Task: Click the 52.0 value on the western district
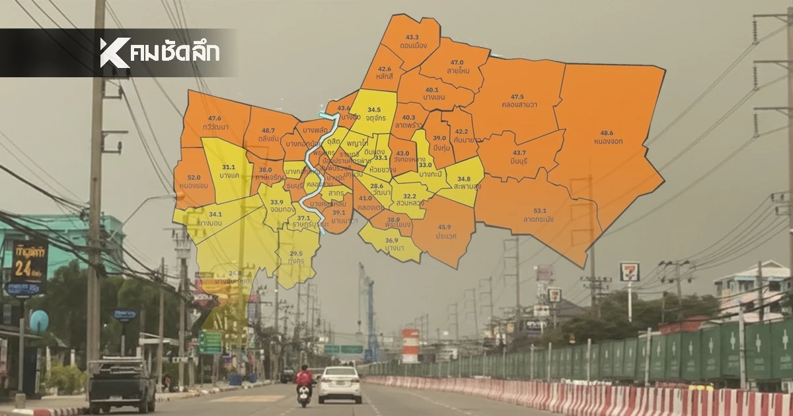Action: tap(194, 178)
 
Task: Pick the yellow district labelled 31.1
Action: tap(229, 168)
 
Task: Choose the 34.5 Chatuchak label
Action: tap(374, 110)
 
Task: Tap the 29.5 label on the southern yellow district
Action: tap(296, 253)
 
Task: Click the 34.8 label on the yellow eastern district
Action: tap(463, 179)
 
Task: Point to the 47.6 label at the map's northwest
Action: tap(214, 118)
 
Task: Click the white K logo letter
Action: tap(114, 52)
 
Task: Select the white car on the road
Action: tap(340, 384)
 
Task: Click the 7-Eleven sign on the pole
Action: tap(629, 271)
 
